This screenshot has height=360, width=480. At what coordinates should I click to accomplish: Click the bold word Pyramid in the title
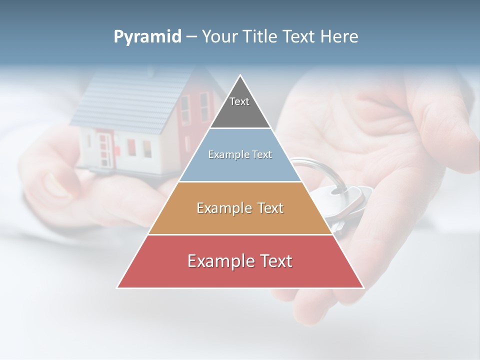click(x=147, y=37)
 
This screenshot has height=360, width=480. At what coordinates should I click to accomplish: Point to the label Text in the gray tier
click(x=239, y=101)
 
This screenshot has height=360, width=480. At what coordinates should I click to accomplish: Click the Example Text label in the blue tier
click(x=240, y=154)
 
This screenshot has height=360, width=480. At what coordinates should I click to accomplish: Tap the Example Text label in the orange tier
click(x=240, y=208)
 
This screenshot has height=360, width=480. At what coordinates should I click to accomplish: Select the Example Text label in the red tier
click(x=240, y=261)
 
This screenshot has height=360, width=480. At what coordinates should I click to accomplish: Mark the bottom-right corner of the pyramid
click(x=363, y=287)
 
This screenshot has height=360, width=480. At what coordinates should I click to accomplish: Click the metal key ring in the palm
click(x=320, y=170)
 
